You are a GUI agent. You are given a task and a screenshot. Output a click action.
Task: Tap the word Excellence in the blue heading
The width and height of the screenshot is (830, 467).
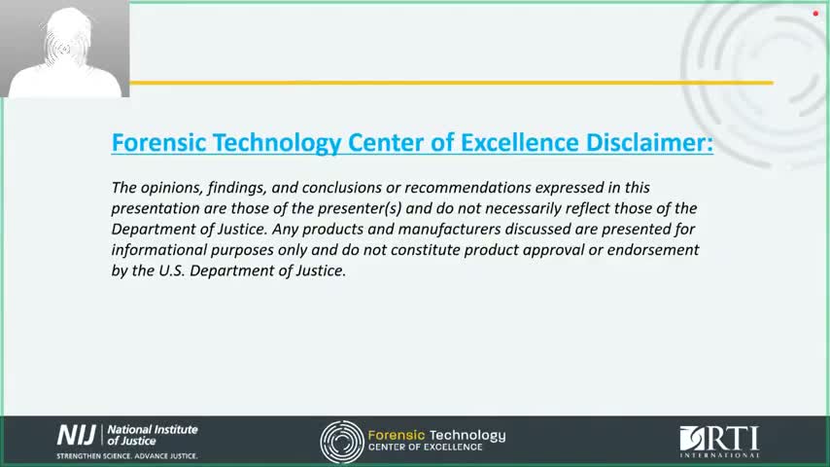pos(519,143)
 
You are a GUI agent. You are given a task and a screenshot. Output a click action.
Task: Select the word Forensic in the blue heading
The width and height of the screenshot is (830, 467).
pos(158,143)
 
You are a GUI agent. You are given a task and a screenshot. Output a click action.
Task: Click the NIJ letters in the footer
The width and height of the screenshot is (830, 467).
pos(76,435)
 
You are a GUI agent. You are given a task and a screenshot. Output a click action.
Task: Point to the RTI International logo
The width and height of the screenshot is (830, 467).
pos(719,441)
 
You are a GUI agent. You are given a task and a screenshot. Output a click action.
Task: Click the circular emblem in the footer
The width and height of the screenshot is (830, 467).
pos(342,442)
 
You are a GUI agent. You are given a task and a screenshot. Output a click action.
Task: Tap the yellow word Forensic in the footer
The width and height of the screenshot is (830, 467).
pos(397,435)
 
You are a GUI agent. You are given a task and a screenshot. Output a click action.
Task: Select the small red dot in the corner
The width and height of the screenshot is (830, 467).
pos(815,14)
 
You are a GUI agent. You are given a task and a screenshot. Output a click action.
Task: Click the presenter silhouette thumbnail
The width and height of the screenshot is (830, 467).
pos(64,49)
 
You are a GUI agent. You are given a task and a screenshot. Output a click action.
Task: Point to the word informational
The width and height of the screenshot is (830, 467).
pos(158,250)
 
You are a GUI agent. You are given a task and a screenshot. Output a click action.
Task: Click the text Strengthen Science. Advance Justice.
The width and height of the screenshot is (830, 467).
pos(127,456)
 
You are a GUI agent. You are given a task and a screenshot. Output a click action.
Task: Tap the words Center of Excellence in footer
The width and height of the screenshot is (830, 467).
pos(426,448)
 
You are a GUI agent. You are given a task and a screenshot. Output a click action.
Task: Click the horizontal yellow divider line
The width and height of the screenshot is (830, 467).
pos(452,83)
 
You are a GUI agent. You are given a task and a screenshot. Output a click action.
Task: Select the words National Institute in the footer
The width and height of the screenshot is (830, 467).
pos(153,429)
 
